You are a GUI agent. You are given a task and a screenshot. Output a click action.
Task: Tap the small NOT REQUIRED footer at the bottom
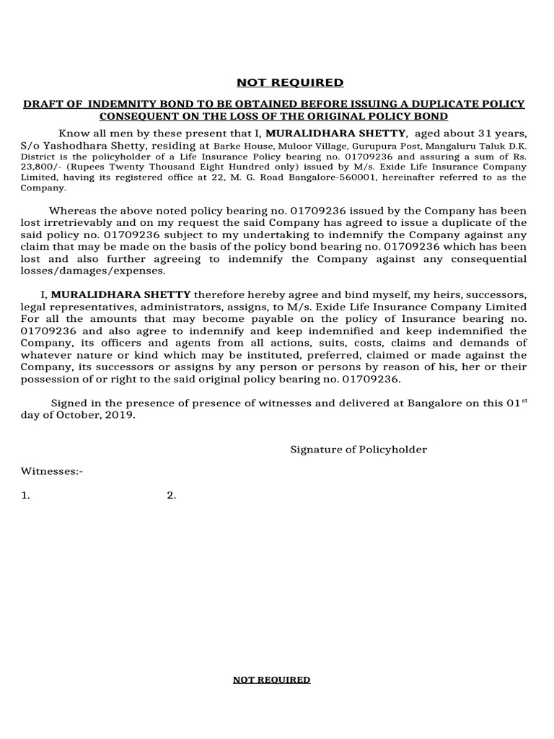(x=271, y=680)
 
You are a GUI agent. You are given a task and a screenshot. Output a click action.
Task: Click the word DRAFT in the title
(x=43, y=105)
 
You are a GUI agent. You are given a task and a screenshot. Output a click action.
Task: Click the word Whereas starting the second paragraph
(x=71, y=210)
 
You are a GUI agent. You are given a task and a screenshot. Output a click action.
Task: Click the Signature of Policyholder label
(x=359, y=450)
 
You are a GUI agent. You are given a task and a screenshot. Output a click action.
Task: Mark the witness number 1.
(x=26, y=495)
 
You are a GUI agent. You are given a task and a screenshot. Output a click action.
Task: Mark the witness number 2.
(x=171, y=495)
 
